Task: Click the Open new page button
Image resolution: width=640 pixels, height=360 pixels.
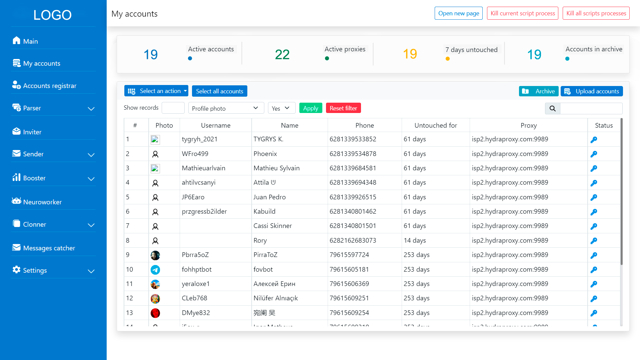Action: point(458,13)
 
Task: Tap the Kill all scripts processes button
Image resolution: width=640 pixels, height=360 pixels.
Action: point(596,13)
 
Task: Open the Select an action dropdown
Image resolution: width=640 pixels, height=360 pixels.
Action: point(156,91)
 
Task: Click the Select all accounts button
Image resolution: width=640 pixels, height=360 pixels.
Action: point(220,91)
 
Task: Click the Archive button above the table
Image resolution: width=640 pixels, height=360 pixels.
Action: point(539,91)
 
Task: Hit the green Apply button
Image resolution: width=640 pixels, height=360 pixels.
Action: point(311,108)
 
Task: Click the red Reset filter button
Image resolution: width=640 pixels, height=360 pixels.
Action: point(343,108)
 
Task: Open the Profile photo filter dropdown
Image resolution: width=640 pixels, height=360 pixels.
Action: point(226,108)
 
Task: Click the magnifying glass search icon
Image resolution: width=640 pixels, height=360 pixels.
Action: point(553,108)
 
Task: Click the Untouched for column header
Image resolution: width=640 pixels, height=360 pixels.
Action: point(436,125)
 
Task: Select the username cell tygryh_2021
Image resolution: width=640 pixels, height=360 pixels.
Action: point(200,139)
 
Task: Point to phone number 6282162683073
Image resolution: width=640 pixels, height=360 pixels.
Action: point(353,240)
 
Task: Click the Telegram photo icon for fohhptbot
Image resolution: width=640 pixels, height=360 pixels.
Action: point(155,270)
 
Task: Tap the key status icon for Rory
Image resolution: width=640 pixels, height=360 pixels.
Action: point(594,241)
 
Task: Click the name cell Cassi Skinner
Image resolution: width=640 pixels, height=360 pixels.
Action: point(273,226)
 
